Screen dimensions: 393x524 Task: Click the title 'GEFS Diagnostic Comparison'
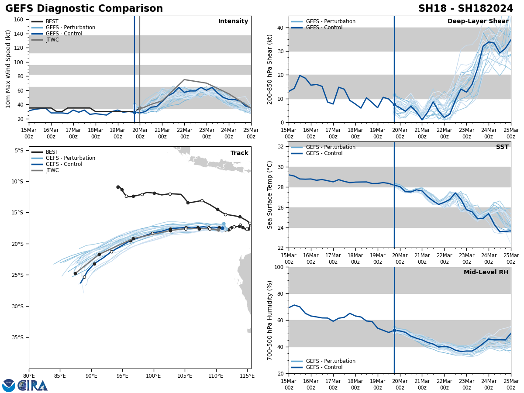pos(84,9)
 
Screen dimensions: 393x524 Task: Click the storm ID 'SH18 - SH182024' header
pos(465,9)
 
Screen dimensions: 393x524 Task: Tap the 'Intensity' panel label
pos(233,21)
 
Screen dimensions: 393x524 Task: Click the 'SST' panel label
pos(502,147)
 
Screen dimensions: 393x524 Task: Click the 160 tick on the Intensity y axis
pos(19,20)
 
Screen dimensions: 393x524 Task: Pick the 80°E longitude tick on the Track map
pos(29,376)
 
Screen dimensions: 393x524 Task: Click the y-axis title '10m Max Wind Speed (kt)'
pos(8,69)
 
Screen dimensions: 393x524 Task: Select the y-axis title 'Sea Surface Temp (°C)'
pos(270,195)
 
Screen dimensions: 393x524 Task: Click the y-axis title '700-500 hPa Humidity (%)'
pos(270,320)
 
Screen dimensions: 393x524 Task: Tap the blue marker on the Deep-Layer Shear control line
pos(394,104)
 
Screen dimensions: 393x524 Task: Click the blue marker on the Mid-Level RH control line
pos(394,330)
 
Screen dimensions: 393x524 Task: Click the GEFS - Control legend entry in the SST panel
pos(324,153)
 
